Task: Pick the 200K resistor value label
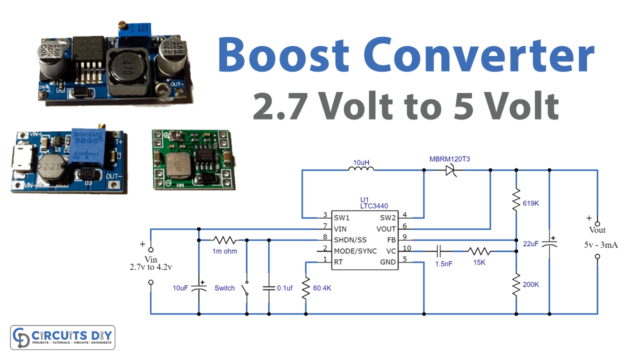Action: (532, 285)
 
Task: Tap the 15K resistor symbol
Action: (480, 251)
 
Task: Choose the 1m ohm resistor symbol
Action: (223, 239)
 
